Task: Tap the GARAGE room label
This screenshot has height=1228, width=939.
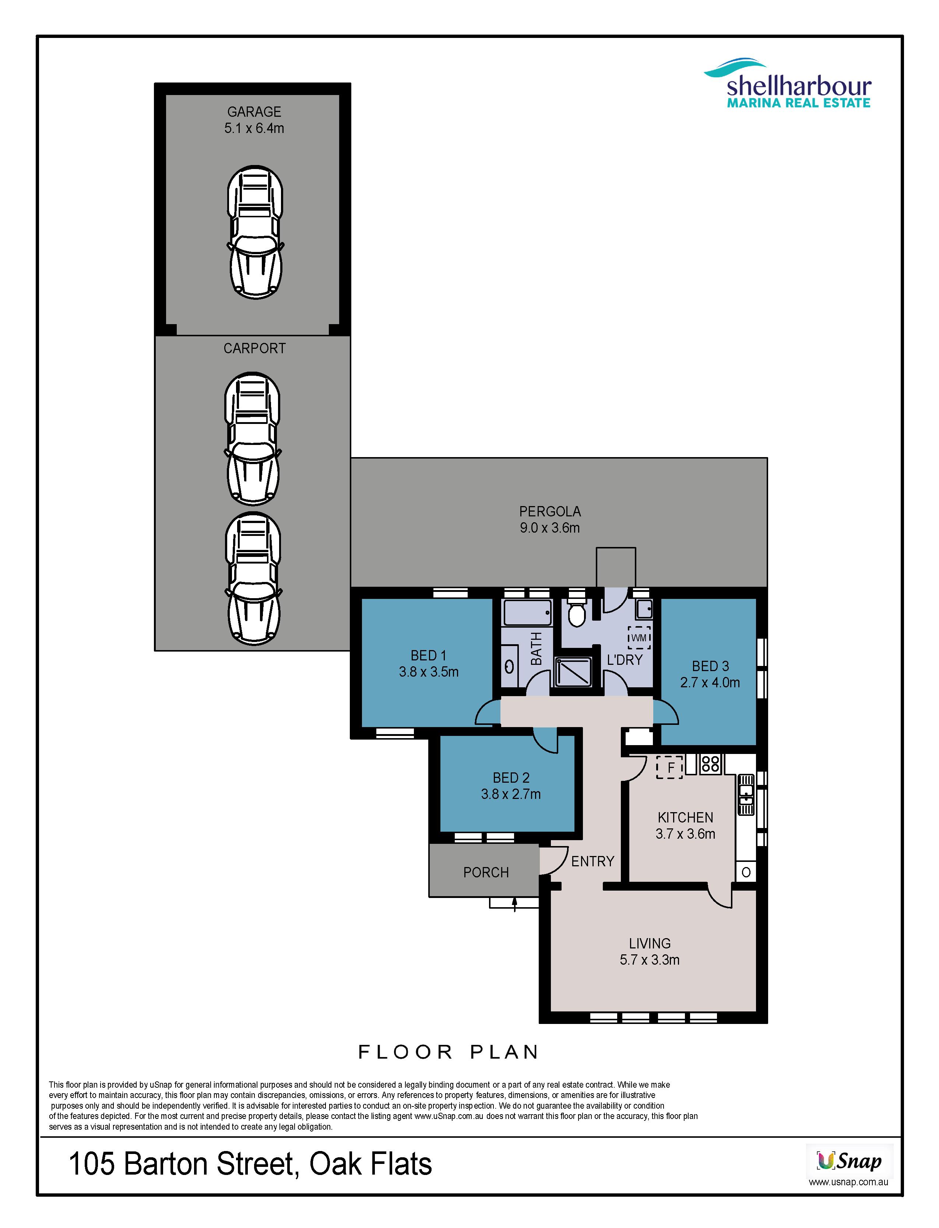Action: (254, 112)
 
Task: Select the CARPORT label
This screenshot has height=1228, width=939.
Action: (254, 348)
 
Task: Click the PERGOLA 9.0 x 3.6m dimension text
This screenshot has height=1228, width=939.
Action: (550, 528)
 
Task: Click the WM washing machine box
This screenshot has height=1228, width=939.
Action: (639, 638)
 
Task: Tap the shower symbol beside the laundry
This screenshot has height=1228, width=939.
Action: (573, 671)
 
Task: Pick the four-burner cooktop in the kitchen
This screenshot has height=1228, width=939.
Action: (710, 764)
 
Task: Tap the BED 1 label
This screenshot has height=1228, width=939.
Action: (429, 656)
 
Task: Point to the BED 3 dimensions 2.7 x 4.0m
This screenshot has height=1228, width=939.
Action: (710, 683)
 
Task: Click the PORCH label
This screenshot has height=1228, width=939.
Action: (486, 873)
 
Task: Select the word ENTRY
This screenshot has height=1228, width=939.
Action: (592, 862)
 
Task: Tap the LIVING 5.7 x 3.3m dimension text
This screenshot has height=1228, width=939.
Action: (650, 960)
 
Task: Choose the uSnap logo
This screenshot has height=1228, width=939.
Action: (849, 1161)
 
